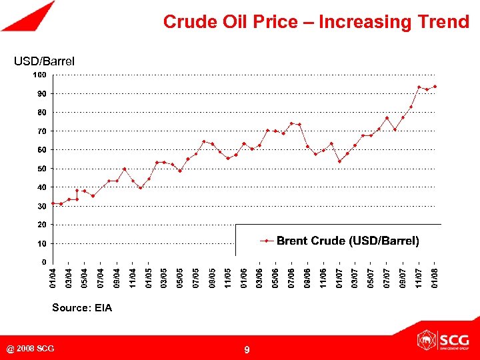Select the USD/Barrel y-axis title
pos(45,61)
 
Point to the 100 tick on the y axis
pos(40,75)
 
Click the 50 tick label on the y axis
pos(41,169)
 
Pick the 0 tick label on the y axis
pos(44,262)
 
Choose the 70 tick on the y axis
pos(41,131)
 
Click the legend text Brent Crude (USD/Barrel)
pos(348,241)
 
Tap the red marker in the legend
pos(267,241)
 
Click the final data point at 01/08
pos(435,86)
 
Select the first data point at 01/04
pos(53,203)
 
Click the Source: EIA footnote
pos(82,308)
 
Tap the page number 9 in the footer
pos(247,349)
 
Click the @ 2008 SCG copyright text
pos(31,349)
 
